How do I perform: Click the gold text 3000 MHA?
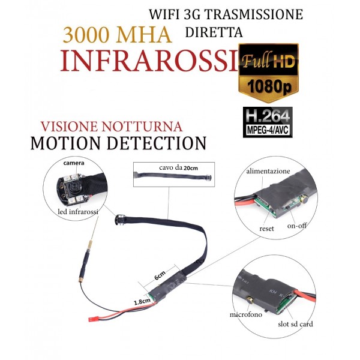pyautogui.click(x=117, y=35)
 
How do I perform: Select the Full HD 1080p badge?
pyautogui.click(x=268, y=73)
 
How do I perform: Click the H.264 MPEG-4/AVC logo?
pyautogui.click(x=268, y=122)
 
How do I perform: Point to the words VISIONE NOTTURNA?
pyautogui.click(x=112, y=127)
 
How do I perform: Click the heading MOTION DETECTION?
pyautogui.click(x=118, y=143)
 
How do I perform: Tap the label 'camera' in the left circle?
pyautogui.click(x=74, y=163)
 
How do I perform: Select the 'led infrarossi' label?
pyautogui.click(x=78, y=211)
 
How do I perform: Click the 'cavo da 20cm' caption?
pyautogui.click(x=178, y=167)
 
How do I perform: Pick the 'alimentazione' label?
pyautogui.click(x=268, y=171)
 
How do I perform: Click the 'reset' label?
pyautogui.click(x=266, y=229)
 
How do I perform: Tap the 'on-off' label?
pyautogui.click(x=296, y=226)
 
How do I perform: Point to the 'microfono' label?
pyautogui.click(x=245, y=314)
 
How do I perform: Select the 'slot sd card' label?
pyautogui.click(x=295, y=324)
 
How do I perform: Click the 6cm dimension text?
pyautogui.click(x=160, y=275)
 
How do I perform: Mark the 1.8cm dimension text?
pyautogui.click(x=142, y=301)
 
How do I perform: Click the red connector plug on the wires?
pyautogui.click(x=92, y=319)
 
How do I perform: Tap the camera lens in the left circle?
pyautogui.click(x=73, y=186)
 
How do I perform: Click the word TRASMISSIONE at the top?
pyautogui.click(x=253, y=14)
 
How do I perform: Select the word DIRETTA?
pyautogui.click(x=214, y=32)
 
